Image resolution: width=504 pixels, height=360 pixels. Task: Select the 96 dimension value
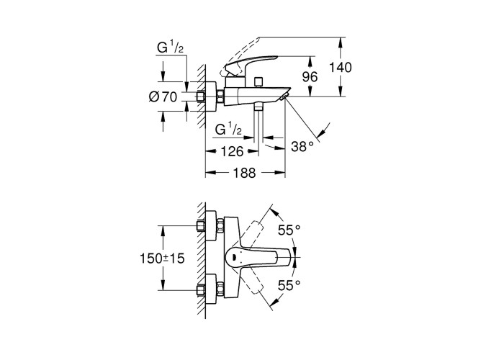pyautogui.click(x=310, y=76)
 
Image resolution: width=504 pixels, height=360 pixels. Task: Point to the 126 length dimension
pyautogui.click(x=230, y=152)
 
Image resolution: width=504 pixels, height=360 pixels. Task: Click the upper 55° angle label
pyautogui.click(x=289, y=230)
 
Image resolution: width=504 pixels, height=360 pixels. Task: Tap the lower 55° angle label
pyautogui.click(x=289, y=284)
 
